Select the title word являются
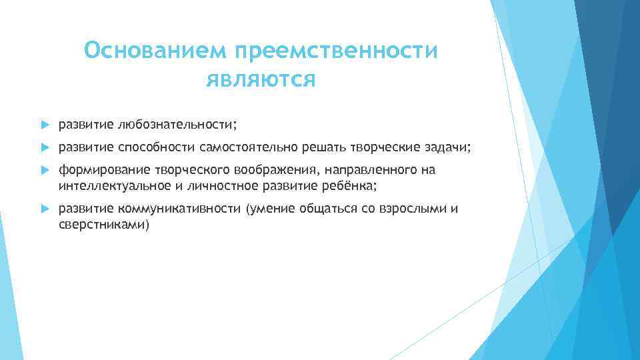pyautogui.click(x=261, y=80)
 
